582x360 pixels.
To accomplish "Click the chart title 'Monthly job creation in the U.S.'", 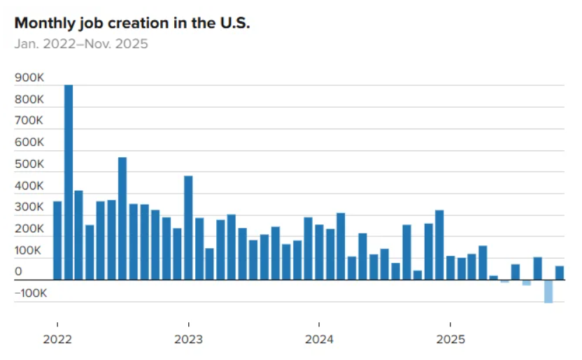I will click(132, 22).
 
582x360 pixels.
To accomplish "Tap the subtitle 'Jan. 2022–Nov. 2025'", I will click(81, 44).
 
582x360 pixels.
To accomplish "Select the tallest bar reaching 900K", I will click(68, 182).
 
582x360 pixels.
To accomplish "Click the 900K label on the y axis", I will click(29, 78).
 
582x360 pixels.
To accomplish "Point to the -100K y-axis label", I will click(31, 294).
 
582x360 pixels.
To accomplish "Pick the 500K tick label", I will click(29, 164).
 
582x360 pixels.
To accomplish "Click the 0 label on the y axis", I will click(18, 272).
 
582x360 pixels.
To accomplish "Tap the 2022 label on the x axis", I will click(57, 340).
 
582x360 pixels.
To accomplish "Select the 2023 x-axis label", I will click(188, 340).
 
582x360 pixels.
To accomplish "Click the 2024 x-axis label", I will click(319, 340).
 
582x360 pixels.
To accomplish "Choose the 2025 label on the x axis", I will click(450, 340).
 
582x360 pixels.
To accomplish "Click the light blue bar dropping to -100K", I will click(548, 291).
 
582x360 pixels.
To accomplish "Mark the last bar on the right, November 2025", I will click(560, 273).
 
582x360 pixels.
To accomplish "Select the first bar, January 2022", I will click(57, 240).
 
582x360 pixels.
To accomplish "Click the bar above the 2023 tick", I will click(188, 227).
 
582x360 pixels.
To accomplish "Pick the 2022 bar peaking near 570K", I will click(122, 218).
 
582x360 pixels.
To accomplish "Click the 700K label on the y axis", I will click(29, 121).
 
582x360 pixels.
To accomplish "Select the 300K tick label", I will click(29, 208).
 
